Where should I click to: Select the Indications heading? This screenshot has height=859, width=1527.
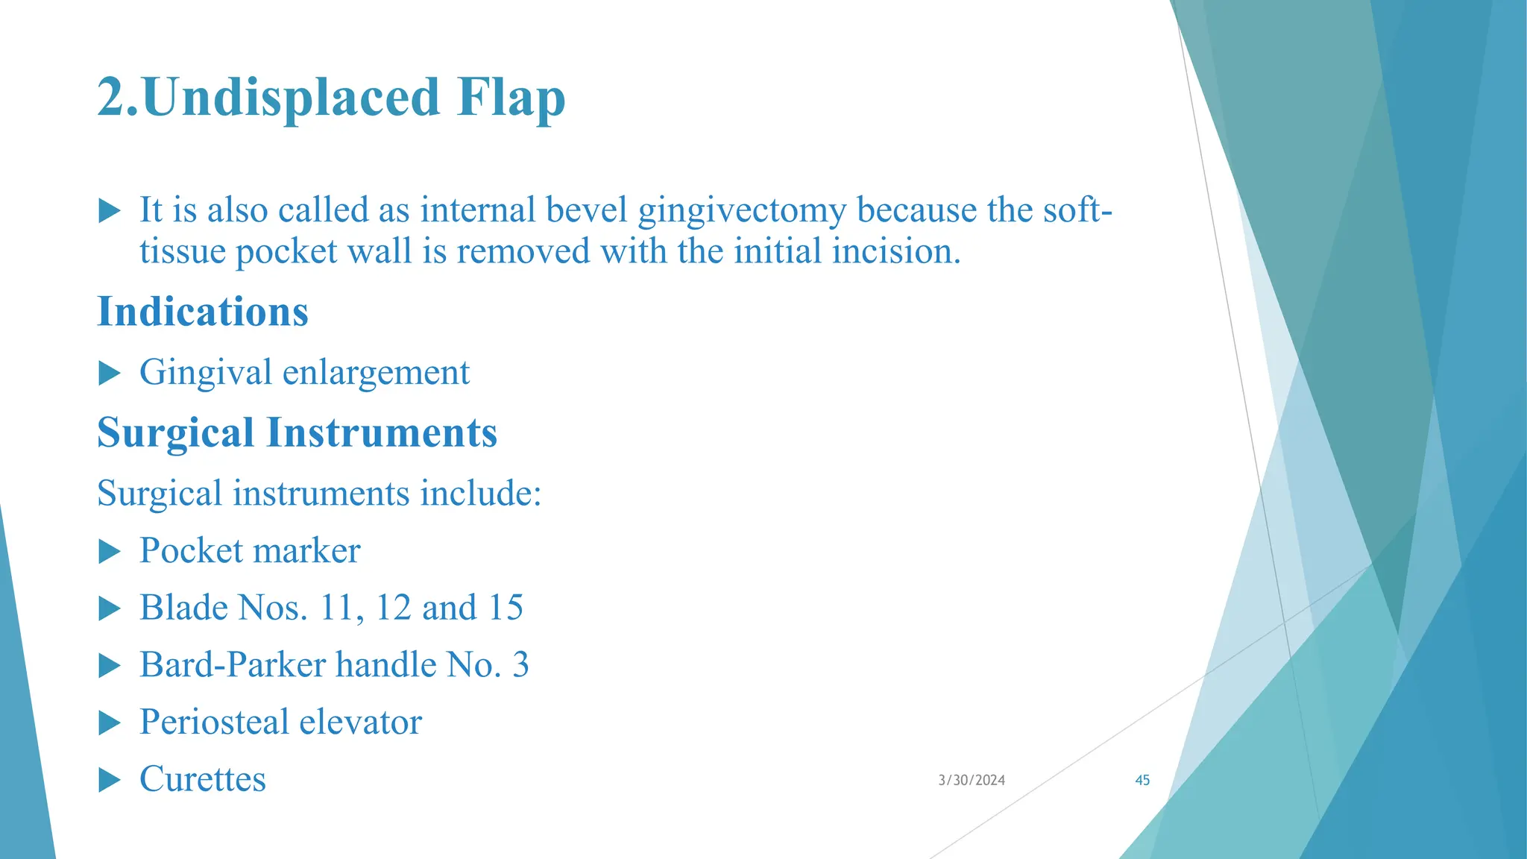point(203,312)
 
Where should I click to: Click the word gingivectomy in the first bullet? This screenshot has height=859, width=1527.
point(742,211)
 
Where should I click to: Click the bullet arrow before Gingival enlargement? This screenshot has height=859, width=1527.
point(110,373)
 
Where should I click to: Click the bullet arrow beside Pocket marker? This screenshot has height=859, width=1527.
point(110,552)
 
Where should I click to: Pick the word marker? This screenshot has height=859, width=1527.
point(316,551)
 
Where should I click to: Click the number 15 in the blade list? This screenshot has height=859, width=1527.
point(506,608)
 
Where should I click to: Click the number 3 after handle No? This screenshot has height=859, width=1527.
point(520,665)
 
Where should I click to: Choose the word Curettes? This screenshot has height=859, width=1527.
point(203,779)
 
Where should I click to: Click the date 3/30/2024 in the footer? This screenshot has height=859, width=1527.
point(972,780)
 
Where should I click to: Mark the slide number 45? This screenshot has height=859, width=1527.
point(1142,780)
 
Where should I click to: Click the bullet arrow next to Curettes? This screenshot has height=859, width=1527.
point(110,781)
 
